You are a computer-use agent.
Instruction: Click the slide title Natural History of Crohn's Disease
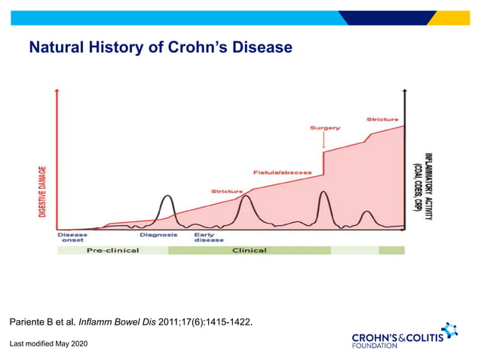pos(160,48)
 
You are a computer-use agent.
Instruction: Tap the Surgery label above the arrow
pos(324,128)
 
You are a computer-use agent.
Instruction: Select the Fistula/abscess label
pos(282,172)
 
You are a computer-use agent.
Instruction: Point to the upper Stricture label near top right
pos(382,119)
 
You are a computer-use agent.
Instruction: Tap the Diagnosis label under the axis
pos(158,235)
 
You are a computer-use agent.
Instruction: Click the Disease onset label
pos(72,237)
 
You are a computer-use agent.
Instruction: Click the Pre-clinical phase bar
pos(113,250)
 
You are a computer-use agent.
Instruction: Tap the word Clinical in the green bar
pos(249,250)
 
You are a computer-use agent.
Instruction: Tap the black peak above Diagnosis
pos(167,197)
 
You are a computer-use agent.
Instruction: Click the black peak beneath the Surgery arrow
pos(323,194)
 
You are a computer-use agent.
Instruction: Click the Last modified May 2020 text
pos(48,343)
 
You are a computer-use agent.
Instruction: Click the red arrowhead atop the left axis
pos(57,90)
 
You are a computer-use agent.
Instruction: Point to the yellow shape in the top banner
pos(452,18)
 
